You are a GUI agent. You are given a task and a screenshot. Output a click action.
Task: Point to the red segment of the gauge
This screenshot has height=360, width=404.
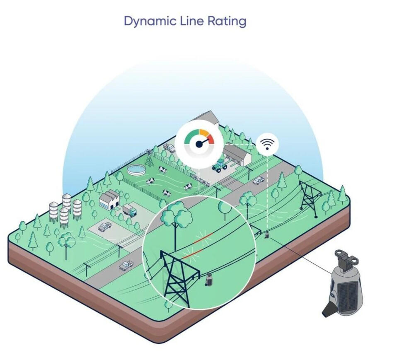211,139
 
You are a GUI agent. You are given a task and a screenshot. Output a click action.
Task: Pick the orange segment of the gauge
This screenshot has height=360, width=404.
203,133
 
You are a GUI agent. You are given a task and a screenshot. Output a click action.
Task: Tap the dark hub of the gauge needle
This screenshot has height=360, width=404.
199,144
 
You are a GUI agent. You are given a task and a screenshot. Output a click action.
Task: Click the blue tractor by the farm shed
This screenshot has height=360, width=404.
220,165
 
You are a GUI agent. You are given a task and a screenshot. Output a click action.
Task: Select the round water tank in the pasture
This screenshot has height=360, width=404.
136,170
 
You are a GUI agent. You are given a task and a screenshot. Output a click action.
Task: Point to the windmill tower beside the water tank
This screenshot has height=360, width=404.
149,158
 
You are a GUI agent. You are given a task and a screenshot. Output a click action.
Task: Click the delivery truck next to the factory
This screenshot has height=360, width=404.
130,210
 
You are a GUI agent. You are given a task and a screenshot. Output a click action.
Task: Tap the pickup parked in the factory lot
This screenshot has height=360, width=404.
105,227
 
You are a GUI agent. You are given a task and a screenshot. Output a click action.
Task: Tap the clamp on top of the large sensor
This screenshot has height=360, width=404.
346,260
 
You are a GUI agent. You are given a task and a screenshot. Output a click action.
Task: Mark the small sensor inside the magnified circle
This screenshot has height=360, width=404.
209,280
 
